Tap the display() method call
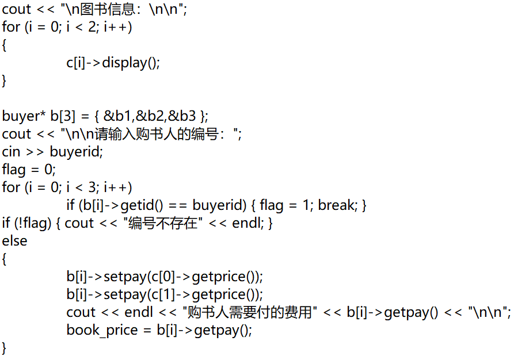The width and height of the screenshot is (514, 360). click(130, 63)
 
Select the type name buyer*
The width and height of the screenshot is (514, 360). click(24, 116)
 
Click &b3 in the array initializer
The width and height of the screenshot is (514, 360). click(182, 116)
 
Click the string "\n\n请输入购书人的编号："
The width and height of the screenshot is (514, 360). click(151, 134)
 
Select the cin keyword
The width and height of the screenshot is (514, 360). click(11, 152)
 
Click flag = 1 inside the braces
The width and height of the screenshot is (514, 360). click(284, 205)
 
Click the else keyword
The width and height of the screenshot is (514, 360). click(14, 241)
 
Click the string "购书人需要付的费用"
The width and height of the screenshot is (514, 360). click(250, 312)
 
